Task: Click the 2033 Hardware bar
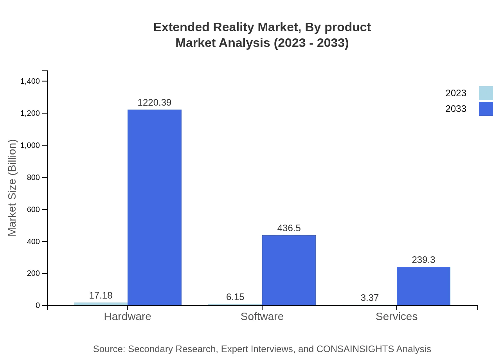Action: [x=155, y=207]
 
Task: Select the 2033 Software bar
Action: [x=289, y=270]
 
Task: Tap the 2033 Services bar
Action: [x=423, y=286]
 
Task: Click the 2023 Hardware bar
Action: [x=101, y=304]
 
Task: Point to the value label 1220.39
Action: [x=155, y=103]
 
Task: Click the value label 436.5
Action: [x=289, y=228]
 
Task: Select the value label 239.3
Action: [x=423, y=260]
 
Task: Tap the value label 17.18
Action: [x=101, y=295]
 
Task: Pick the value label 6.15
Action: [x=235, y=297]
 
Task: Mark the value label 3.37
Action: [x=370, y=298]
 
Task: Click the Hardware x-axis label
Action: [x=128, y=316]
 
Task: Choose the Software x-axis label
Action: [x=262, y=316]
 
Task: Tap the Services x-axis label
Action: [x=396, y=316]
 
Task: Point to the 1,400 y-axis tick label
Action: [x=30, y=81]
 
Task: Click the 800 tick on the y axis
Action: [x=33, y=177]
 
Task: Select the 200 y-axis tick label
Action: [x=33, y=273]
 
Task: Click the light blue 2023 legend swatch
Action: [x=486, y=93]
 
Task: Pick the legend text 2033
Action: [x=456, y=109]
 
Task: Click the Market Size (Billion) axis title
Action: [x=12, y=188]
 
